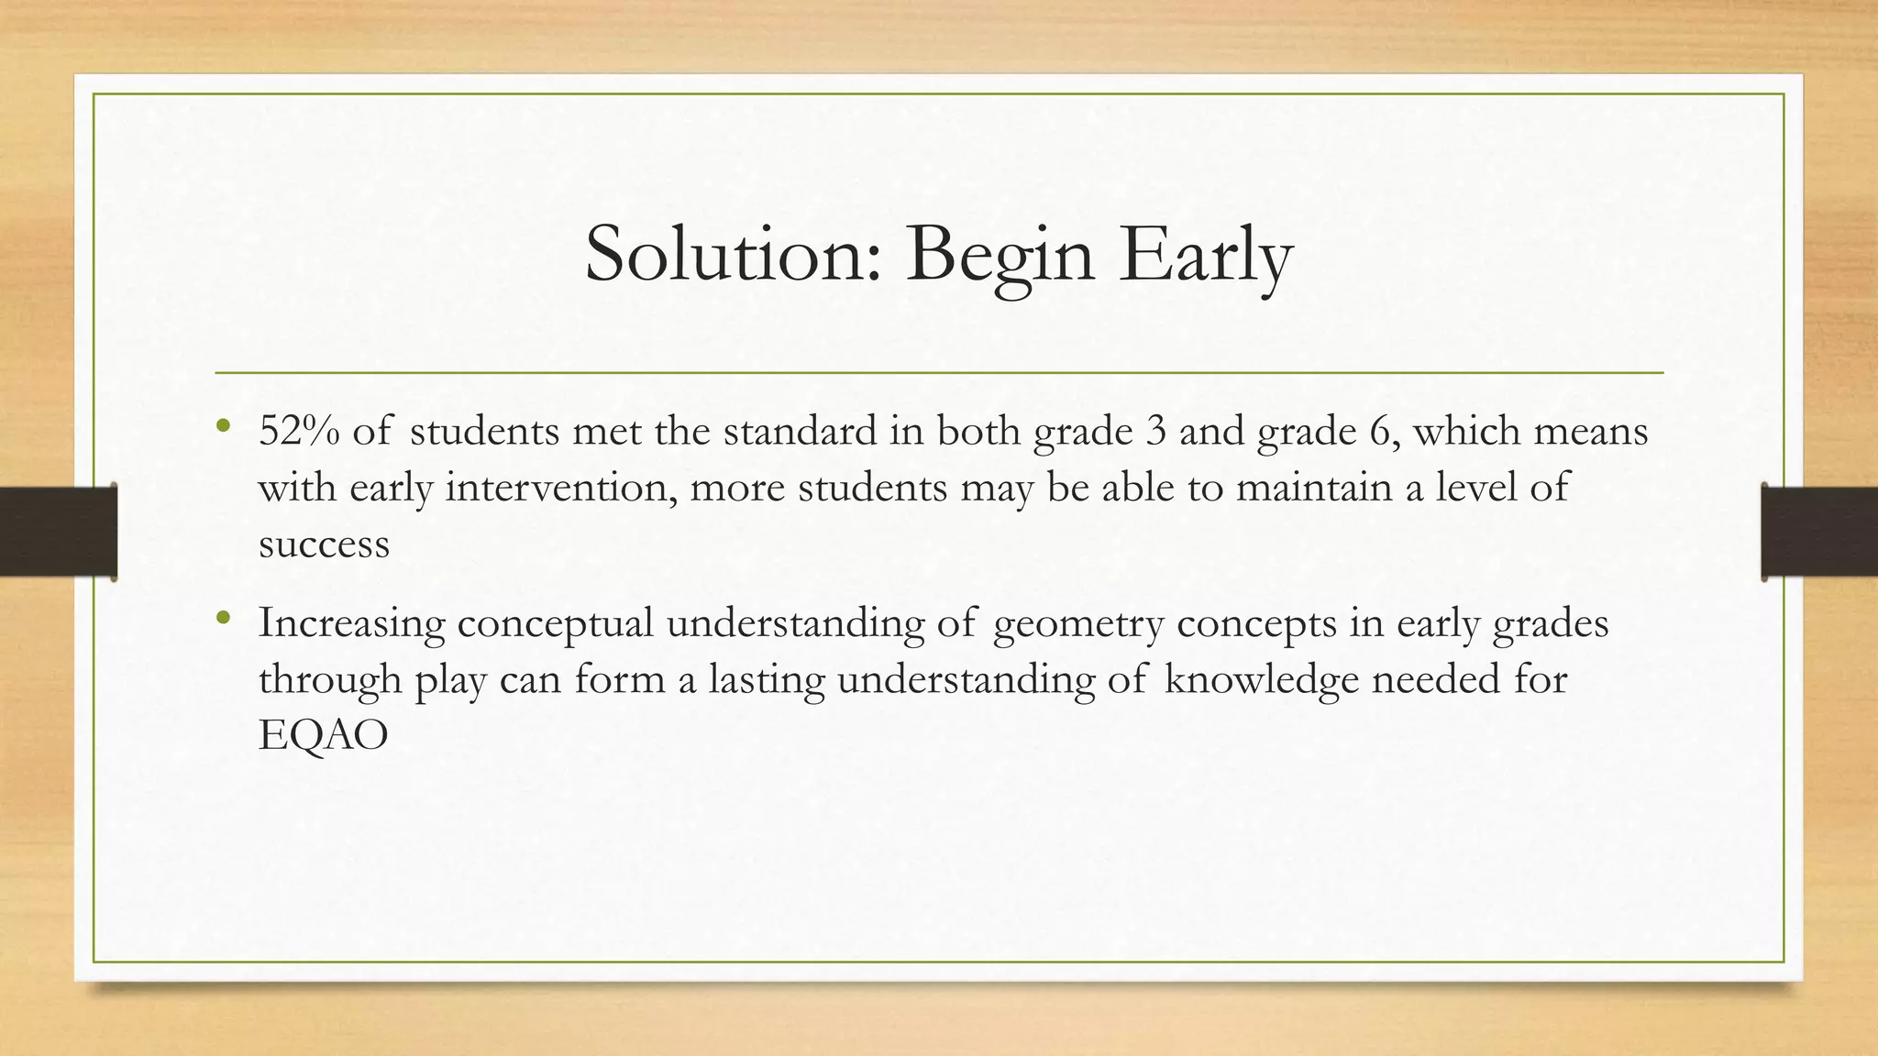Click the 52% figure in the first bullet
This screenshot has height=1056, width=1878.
(x=299, y=431)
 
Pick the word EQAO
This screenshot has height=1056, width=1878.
(x=324, y=736)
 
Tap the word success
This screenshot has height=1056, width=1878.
(x=324, y=544)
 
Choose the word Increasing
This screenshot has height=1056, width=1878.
(x=351, y=624)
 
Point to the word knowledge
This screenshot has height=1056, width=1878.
(x=1261, y=680)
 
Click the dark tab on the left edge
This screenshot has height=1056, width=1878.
(x=58, y=532)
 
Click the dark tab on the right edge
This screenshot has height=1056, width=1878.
(x=1819, y=532)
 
